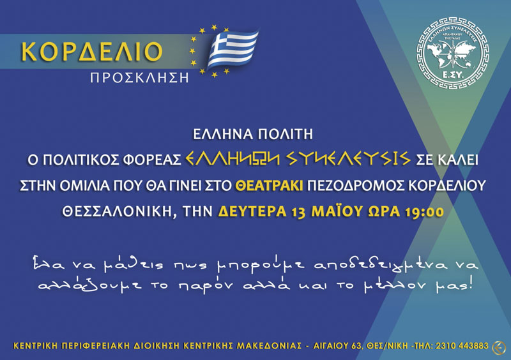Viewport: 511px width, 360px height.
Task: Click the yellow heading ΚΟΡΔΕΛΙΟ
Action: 91,51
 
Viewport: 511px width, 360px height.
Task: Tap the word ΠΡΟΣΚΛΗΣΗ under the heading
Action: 139,78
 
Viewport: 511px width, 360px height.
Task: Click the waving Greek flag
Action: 232,49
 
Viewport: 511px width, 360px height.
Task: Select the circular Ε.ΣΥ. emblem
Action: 453,53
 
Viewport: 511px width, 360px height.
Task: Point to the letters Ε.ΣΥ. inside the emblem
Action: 453,75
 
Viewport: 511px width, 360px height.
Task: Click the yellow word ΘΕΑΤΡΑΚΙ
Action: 269,186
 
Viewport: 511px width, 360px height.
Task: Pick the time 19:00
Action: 424,212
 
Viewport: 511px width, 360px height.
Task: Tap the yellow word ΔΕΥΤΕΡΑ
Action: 252,211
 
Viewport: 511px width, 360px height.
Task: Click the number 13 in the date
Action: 299,212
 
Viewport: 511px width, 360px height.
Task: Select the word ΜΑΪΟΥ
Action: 337,211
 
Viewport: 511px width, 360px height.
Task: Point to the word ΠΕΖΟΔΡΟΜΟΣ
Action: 356,186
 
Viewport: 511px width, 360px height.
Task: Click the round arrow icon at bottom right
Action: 499,347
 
